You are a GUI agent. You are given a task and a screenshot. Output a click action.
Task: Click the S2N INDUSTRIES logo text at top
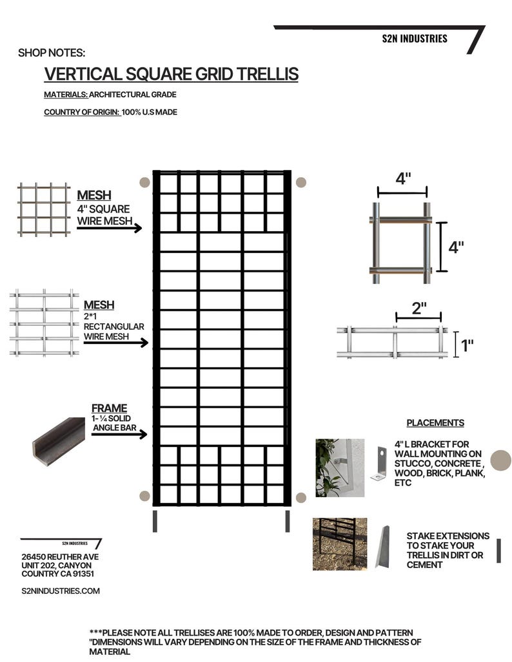click(414, 39)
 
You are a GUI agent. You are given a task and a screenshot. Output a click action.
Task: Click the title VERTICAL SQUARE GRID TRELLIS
click(171, 74)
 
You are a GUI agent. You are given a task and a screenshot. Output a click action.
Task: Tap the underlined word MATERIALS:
click(66, 95)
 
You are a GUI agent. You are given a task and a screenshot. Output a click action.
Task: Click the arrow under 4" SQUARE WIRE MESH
click(109, 228)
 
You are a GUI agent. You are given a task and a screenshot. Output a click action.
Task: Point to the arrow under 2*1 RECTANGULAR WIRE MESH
click(115, 343)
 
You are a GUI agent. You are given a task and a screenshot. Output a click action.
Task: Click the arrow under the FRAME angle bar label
click(119, 435)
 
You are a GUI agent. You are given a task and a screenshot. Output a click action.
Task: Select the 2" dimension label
click(419, 308)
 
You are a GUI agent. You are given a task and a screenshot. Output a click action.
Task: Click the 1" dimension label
click(467, 346)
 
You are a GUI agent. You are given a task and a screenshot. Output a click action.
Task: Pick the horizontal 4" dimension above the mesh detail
click(403, 179)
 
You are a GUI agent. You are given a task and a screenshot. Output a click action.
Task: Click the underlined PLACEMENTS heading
click(435, 423)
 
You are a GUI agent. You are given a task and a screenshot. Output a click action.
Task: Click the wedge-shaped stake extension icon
click(382, 547)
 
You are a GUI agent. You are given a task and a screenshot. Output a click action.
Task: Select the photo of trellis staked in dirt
click(339, 544)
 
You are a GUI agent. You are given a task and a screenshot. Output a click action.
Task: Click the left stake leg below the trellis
click(155, 521)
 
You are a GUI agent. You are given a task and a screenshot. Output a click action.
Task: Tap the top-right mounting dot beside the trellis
click(300, 182)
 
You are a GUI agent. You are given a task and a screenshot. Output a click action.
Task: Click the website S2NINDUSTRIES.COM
click(61, 591)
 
